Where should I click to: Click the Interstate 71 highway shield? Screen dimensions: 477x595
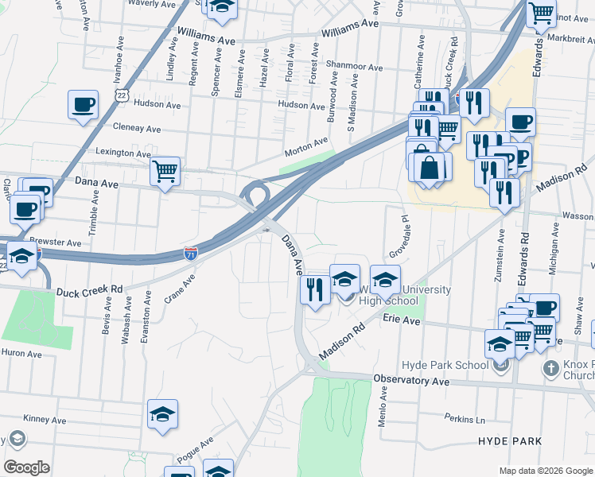191,254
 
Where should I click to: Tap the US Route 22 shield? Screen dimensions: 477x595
121,95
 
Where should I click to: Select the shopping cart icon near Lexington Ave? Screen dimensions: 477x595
165,170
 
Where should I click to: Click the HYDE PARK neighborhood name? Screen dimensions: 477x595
510,440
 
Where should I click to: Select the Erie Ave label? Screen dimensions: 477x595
401,320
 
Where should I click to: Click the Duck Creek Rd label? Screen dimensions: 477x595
89,291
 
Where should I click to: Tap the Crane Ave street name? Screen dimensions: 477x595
179,289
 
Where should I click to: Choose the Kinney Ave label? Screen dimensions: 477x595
45,418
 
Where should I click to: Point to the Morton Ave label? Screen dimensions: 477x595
306,144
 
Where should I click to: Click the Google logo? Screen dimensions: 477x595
25,467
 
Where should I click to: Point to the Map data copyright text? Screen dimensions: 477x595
545,471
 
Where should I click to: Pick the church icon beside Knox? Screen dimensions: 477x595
550,368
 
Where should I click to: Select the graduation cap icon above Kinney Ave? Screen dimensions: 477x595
162,414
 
